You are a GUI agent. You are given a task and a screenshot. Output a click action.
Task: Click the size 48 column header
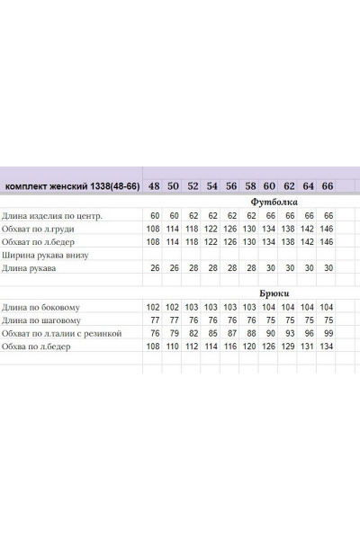156,186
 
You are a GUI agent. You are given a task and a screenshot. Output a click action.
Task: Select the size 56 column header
231,186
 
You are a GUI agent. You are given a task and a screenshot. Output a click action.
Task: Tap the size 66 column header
328,186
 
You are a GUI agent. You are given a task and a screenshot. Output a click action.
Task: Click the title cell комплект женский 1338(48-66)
71,187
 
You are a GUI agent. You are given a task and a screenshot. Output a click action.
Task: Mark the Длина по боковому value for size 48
154,307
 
